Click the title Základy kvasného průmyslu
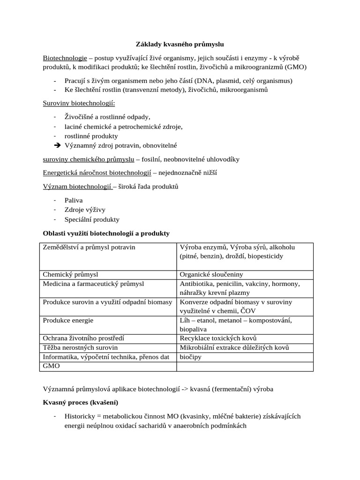click(x=180, y=44)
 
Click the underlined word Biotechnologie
click(x=65, y=58)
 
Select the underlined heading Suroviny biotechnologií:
click(x=79, y=103)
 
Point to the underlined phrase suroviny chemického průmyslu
click(x=85, y=159)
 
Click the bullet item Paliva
click(x=74, y=200)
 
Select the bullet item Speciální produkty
click(x=92, y=219)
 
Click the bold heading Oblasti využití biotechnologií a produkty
click(x=106, y=233)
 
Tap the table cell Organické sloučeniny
click(x=211, y=274)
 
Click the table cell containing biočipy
click(x=190, y=357)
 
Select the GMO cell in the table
click(x=52, y=366)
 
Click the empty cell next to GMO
click(x=245, y=366)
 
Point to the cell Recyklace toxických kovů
click(x=218, y=338)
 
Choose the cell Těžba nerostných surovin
click(x=80, y=347)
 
